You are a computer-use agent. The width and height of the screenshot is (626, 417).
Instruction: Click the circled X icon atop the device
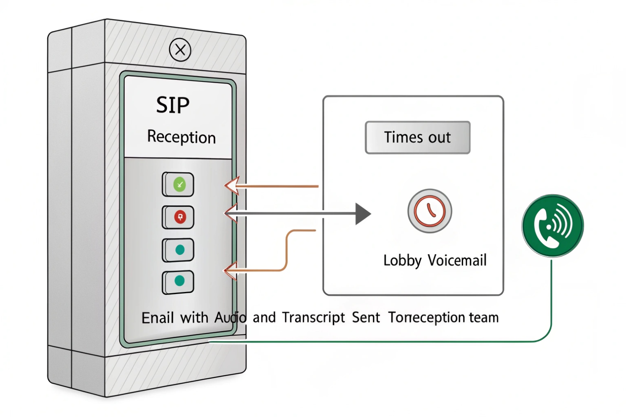180,50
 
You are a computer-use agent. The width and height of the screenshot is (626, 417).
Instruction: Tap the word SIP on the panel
172,105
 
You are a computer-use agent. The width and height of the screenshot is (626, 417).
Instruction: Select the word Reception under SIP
181,137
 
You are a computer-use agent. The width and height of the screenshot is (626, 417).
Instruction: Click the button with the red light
178,217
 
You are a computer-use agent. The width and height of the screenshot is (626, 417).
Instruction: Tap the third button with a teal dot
178,250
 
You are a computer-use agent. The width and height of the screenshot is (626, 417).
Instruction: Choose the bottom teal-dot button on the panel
178,282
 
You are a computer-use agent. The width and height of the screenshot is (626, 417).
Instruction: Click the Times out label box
417,137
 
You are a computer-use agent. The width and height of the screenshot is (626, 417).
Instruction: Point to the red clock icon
430,211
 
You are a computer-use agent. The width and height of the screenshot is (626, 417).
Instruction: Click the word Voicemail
457,260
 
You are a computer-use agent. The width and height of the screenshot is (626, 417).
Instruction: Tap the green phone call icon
552,226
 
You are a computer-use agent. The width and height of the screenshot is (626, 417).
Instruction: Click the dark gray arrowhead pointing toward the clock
363,214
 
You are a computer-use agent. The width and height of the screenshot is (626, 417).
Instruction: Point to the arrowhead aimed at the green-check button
232,186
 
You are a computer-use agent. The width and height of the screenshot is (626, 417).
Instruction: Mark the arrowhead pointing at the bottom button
230,271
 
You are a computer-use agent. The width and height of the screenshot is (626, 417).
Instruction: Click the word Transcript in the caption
314,318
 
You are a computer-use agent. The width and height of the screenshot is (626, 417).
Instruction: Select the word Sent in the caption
365,318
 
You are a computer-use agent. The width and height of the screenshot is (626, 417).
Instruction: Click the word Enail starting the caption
158,318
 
